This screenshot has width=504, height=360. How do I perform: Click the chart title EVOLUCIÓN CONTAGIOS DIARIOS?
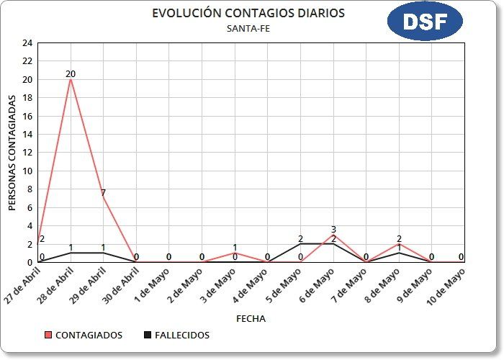point(248,14)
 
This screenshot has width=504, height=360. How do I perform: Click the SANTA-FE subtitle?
point(248,29)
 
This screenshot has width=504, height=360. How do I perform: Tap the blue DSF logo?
point(424,22)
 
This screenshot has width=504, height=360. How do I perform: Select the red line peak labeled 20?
point(71,80)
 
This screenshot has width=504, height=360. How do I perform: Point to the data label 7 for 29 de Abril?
point(104,192)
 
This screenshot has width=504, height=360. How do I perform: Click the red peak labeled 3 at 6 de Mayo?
point(333,235)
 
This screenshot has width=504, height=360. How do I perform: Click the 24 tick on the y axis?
point(27,43)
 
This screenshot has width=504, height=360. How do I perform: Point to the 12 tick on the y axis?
point(27,153)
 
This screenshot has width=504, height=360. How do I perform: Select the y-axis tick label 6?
point(30,207)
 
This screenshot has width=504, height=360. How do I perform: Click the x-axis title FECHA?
point(251,318)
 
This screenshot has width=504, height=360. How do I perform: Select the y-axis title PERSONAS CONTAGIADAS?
point(12,153)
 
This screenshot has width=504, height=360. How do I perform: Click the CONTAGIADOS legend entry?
point(84,335)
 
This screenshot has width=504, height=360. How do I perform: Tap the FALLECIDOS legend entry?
point(177,335)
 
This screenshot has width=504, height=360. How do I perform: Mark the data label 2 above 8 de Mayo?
point(399,238)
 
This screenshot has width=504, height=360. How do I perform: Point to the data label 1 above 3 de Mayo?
point(235,247)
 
